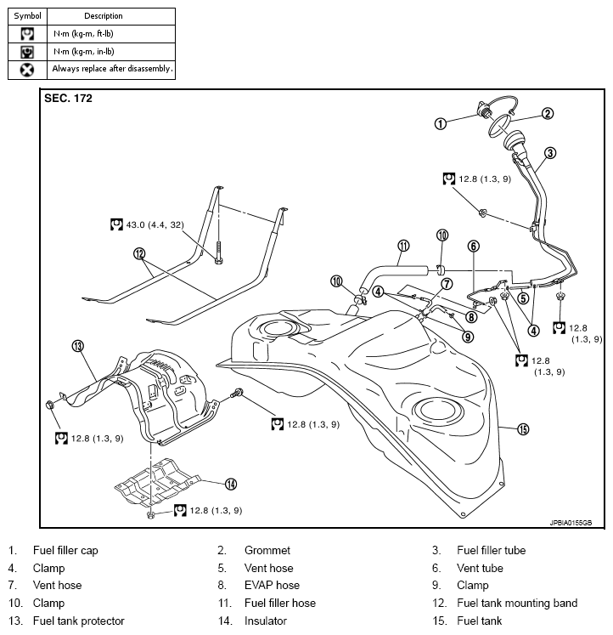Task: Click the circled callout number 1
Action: [x=441, y=123]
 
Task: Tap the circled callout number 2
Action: [x=548, y=113]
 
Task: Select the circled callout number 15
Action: [x=523, y=429]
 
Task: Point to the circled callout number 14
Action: [x=230, y=484]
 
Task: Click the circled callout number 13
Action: [x=77, y=346]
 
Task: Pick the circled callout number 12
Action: [x=139, y=254]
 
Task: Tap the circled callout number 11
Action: [x=403, y=246]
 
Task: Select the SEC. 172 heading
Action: [x=68, y=99]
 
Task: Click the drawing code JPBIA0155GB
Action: [x=571, y=523]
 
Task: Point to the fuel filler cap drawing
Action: [x=484, y=109]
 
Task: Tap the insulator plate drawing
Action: [x=158, y=482]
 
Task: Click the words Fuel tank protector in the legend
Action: [x=78, y=621]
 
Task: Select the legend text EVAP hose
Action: [x=272, y=585]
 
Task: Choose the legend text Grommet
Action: [x=267, y=550]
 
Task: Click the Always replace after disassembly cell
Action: [x=111, y=69]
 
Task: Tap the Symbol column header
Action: [x=27, y=16]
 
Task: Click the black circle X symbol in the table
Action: [x=27, y=70]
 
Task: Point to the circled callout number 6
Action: [x=473, y=247]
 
